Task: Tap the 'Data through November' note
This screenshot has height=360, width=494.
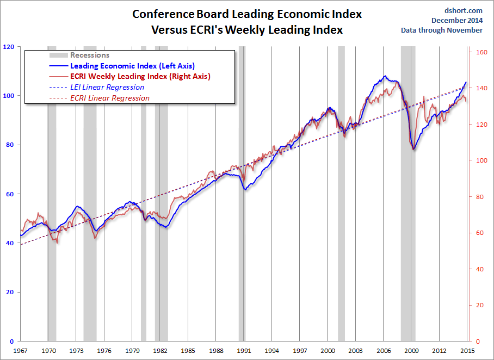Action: click(441, 30)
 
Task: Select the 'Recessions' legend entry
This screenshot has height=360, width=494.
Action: click(90, 55)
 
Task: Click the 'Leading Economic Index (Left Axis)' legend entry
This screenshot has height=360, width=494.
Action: click(133, 66)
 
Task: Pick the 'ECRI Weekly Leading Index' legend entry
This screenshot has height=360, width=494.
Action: click(140, 76)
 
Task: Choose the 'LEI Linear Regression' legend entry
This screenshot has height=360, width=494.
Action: click(107, 87)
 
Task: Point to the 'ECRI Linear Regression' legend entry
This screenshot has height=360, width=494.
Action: click(110, 98)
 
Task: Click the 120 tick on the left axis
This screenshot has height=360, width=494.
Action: click(8, 47)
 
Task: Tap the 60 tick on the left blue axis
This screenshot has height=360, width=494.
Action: click(9, 194)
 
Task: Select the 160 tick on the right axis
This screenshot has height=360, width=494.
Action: click(480, 52)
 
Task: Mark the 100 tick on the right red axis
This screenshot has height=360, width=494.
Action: click(480, 160)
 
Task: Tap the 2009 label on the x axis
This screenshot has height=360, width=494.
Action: click(411, 350)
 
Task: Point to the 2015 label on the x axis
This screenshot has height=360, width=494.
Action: click(467, 350)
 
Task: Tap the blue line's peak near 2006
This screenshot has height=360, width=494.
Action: click(385, 76)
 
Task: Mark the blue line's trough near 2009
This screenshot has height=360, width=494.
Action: click(413, 149)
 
